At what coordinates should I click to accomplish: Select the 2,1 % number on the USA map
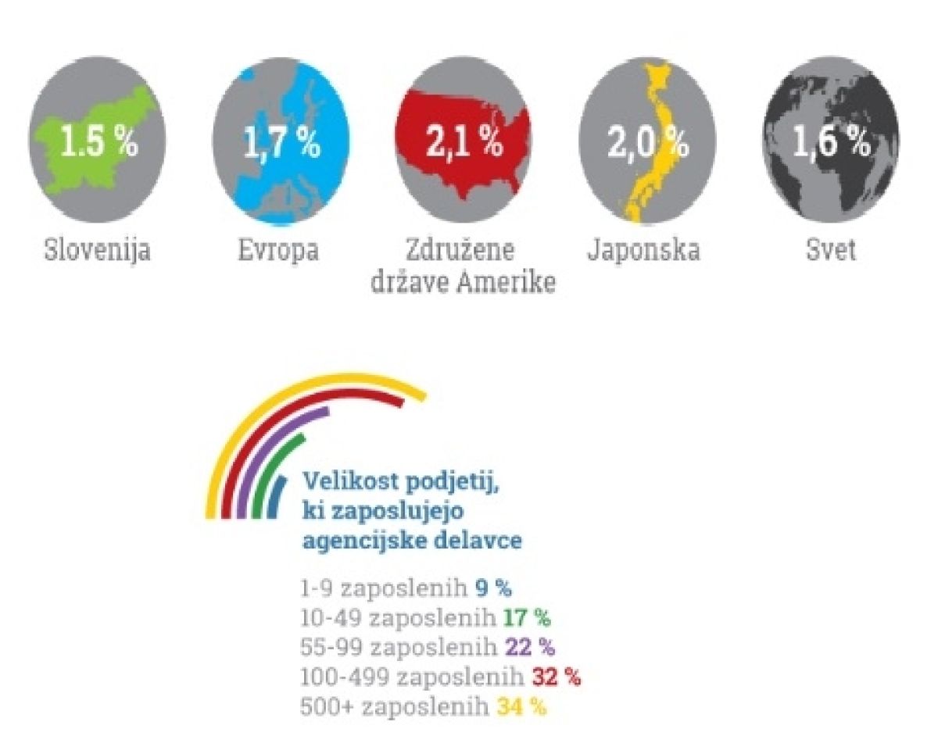464,142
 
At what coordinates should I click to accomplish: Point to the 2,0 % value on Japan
648,143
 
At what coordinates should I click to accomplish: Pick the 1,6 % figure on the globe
832,143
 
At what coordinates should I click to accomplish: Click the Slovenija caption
97,252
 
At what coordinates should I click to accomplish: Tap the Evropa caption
278,252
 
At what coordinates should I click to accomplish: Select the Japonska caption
643,251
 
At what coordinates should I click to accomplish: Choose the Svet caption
831,251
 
